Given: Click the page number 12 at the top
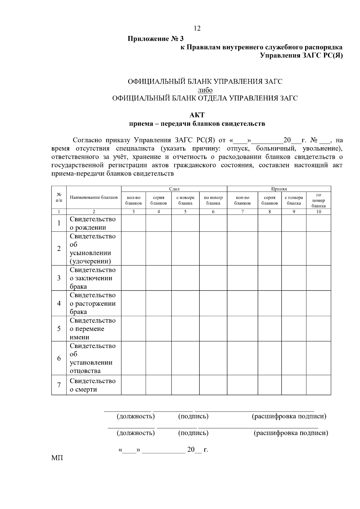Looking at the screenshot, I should [x=197, y=28].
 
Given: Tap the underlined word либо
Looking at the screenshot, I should [x=205, y=90].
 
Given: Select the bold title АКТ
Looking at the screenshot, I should [x=197, y=115].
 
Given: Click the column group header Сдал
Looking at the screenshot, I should [x=174, y=189].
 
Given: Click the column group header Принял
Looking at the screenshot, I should [x=279, y=189].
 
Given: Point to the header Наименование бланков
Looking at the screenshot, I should [x=94, y=197].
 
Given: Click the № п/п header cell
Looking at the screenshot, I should [x=59, y=197].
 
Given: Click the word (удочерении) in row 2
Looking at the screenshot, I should [x=90, y=261].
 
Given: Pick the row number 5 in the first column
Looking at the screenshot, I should [x=59, y=329].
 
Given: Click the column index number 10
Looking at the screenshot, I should [x=318, y=212].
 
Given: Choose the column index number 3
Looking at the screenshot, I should [x=133, y=212].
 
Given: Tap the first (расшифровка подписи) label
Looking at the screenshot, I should [x=289, y=416].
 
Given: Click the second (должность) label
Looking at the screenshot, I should [x=136, y=433].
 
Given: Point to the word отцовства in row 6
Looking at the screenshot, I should [x=85, y=371].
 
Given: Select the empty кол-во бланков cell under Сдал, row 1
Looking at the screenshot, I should [x=133, y=223].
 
